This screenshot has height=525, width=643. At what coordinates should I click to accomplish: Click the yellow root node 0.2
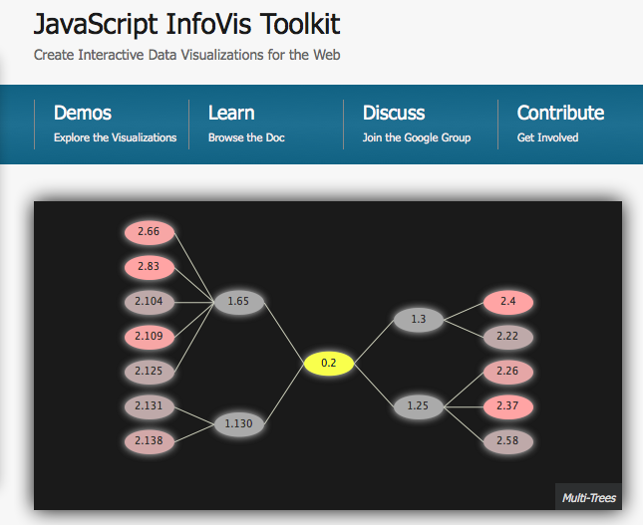coord(329,363)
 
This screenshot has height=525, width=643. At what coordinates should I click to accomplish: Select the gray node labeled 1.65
coord(239,302)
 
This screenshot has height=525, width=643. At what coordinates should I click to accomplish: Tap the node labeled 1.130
coord(239,424)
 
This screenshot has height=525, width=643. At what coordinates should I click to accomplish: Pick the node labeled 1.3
coord(419,319)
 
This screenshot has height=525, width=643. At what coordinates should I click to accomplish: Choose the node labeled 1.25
coord(419,406)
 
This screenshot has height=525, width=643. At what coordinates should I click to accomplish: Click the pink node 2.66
coord(150,232)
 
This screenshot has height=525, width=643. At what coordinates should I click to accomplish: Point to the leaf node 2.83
coord(150,267)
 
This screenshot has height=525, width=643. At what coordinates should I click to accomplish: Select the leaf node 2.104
coord(150,302)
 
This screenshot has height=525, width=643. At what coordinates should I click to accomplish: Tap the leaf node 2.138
coord(150,441)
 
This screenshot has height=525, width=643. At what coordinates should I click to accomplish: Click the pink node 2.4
coord(508,302)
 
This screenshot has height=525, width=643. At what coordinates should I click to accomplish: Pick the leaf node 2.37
coord(508,406)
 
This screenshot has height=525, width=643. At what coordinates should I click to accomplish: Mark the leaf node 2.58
coord(508,441)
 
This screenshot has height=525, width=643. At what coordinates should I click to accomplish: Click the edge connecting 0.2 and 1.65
coord(284,333)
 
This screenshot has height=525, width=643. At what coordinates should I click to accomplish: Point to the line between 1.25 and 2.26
coord(464,390)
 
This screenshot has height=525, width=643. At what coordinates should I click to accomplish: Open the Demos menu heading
coord(83,113)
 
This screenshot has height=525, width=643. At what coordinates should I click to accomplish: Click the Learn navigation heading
coord(231,113)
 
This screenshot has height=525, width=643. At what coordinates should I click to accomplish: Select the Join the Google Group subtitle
coord(417,137)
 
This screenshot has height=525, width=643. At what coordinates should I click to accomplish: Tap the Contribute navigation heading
coord(560,113)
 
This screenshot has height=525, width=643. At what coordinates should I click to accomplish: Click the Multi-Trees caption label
coord(589,498)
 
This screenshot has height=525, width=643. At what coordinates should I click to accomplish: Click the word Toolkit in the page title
coord(300,24)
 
